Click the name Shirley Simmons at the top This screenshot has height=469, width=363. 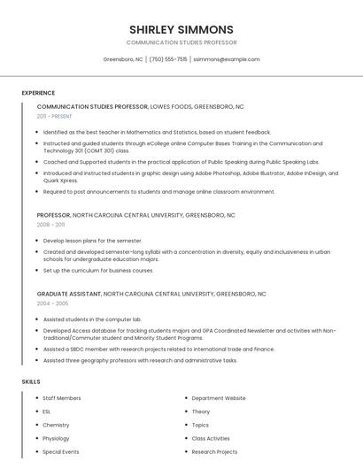(181, 29)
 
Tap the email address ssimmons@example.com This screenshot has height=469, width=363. (226, 59)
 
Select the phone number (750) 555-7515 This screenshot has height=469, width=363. (168, 59)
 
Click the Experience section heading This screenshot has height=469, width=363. (38, 93)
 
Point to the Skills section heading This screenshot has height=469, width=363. (31, 381)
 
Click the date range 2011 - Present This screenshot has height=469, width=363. (55, 116)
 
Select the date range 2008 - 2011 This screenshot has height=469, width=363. (50, 225)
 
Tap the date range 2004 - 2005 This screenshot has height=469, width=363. (51, 303)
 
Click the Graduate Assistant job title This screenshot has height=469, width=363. (69, 293)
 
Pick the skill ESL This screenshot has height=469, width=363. (48, 411)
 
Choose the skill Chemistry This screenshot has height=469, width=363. (56, 425)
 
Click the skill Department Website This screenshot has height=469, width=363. (219, 398)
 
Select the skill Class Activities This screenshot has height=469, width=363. (211, 438)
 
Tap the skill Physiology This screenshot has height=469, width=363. (56, 438)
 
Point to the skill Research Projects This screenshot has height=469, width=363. (214, 451)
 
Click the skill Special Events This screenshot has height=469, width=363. (60, 451)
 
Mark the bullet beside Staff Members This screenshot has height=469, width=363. (35, 398)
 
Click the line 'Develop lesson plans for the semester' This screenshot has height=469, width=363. (92, 241)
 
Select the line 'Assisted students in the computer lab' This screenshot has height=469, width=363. (92, 319)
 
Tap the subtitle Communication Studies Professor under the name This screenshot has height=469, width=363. (181, 42)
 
